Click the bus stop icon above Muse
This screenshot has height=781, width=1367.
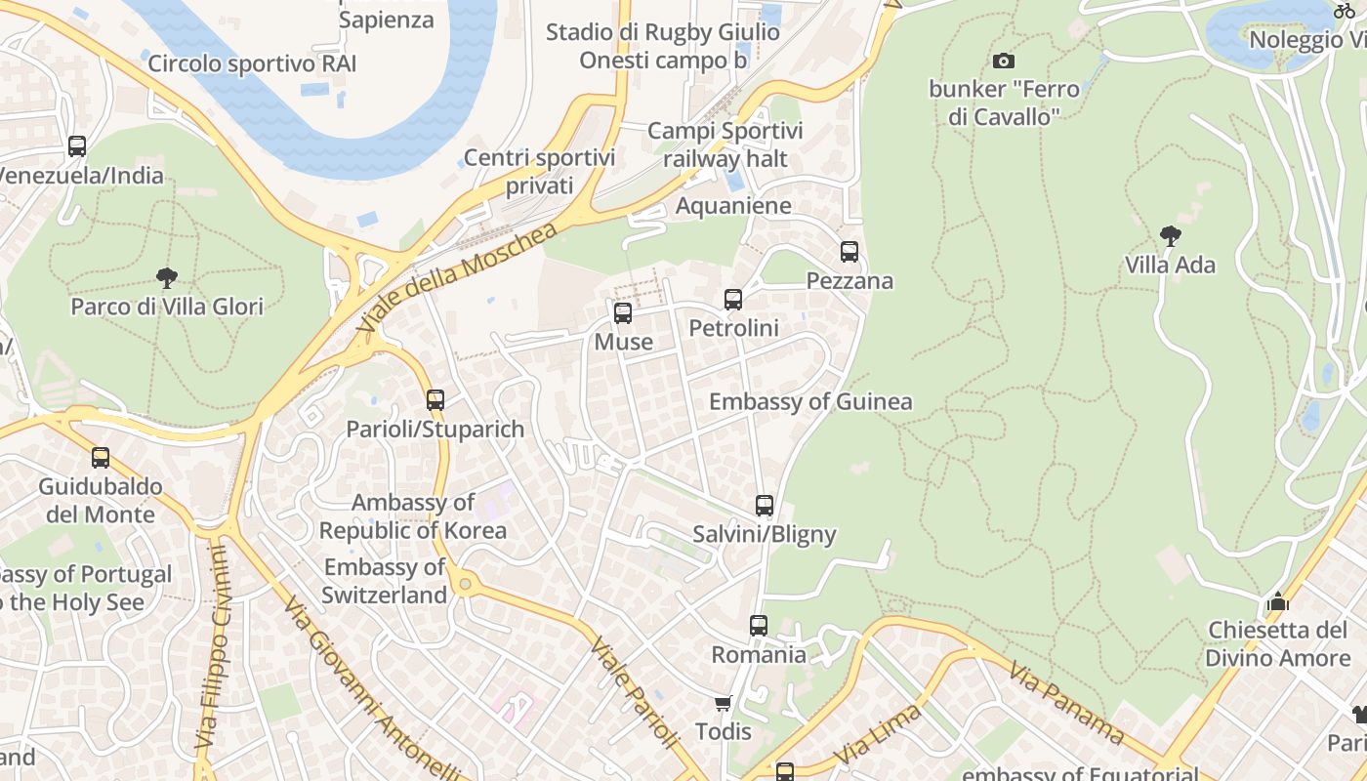pos(622,313)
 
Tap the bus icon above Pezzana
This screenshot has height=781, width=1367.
pos(849,252)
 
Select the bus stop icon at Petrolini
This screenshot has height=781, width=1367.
pos(733,300)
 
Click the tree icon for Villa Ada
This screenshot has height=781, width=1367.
pos(1170,236)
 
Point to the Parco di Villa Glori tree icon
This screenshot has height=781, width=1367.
pos(167,278)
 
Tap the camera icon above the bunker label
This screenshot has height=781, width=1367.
pos(1003,62)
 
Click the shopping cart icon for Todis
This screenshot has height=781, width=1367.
pos(724,703)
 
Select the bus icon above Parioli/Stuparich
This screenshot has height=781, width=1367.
pos(435,400)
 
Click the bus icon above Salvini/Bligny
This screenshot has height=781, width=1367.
pos(765,506)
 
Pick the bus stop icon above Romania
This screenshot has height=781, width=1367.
pos(759,626)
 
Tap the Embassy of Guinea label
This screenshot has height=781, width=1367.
pos(810,401)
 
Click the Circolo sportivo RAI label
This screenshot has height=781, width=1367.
pos(252,64)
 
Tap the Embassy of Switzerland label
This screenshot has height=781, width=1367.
pos(385,581)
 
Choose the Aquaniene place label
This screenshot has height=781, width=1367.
pos(733,206)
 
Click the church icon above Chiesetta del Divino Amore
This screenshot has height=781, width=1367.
pos(1277,601)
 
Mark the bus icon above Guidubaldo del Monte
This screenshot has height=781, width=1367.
pos(100,458)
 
